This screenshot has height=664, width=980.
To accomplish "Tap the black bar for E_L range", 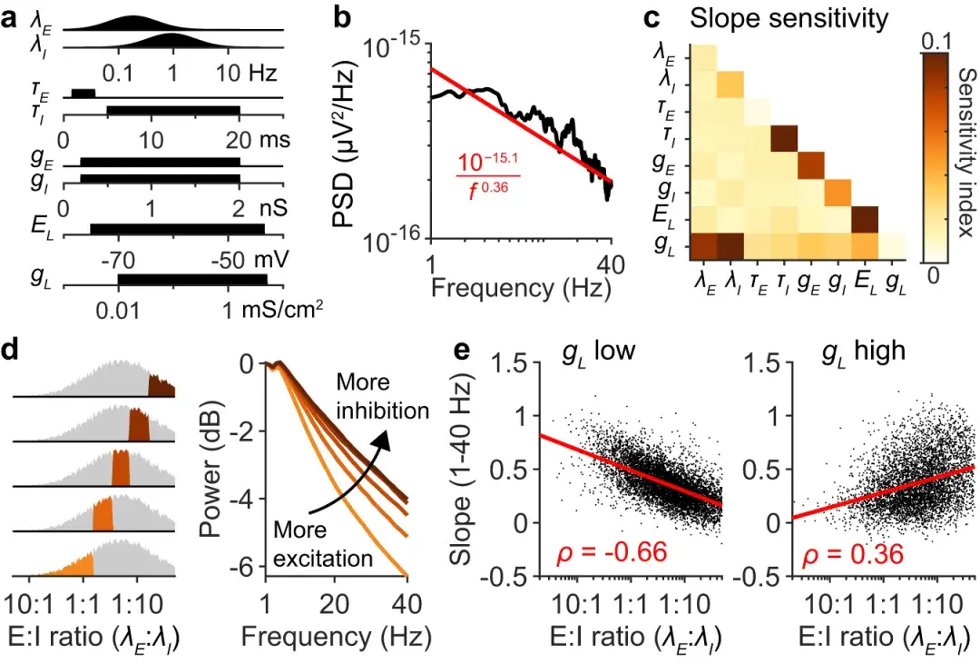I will (177, 228).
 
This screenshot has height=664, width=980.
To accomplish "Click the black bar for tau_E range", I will (82, 94).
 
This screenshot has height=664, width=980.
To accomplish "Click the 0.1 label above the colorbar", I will (938, 41).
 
